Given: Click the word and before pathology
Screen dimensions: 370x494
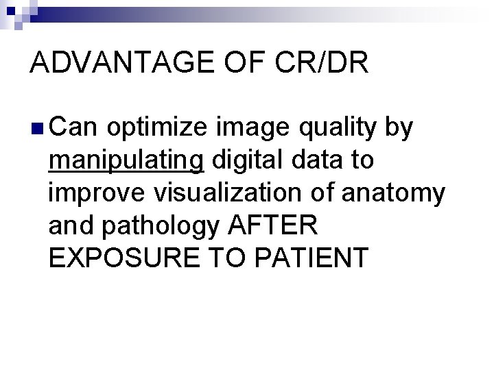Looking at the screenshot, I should pyautogui.click(x=70, y=225).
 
